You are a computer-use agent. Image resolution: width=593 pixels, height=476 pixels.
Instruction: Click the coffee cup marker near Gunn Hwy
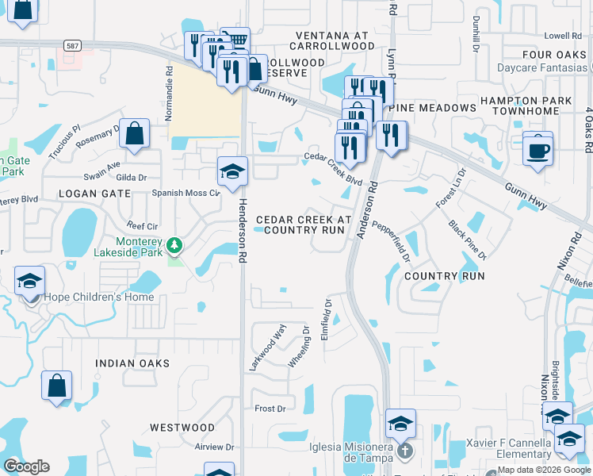(x=538, y=148)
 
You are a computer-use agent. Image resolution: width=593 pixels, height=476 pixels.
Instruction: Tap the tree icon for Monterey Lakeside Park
(x=174, y=248)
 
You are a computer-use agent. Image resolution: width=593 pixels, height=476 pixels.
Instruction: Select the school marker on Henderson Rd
(x=232, y=172)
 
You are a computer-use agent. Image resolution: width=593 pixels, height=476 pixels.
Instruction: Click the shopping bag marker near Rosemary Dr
(x=135, y=134)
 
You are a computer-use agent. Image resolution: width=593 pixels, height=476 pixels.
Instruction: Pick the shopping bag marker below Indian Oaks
(x=57, y=387)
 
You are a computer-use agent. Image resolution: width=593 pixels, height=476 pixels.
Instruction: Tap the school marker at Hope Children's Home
(x=30, y=282)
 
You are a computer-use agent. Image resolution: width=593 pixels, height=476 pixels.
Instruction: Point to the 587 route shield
(x=73, y=47)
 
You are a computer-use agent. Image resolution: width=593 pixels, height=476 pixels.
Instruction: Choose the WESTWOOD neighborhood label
(x=182, y=428)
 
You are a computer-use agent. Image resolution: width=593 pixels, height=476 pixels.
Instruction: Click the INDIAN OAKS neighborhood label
(x=132, y=363)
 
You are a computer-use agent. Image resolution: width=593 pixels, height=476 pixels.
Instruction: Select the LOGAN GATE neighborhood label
(x=90, y=194)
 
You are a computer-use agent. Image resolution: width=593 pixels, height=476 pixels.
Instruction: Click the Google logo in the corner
(x=26, y=466)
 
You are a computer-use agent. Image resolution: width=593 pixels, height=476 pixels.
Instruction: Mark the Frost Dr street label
(x=270, y=409)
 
